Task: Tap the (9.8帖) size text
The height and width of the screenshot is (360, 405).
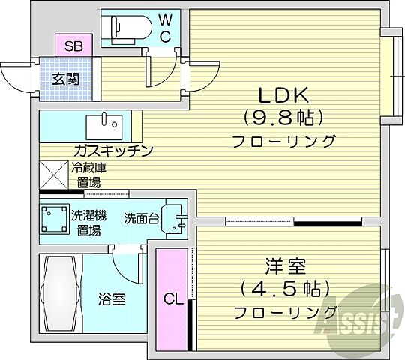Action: coord(283,118)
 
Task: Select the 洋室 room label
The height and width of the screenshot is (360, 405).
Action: coord(285,267)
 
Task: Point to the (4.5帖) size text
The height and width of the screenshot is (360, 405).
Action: coord(285,289)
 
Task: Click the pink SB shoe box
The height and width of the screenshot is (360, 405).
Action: coord(73,46)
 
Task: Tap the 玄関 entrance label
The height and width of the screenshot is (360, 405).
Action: coord(65,76)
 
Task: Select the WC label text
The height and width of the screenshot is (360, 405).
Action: coord(166,26)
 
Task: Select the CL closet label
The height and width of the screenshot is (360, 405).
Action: coord(173,300)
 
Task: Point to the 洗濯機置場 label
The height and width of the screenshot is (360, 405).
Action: coord(88,223)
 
